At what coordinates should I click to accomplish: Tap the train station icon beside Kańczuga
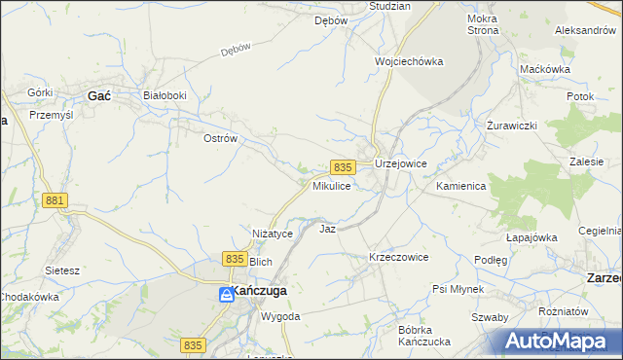pos(225,293)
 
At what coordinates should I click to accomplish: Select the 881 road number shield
pos(55,200)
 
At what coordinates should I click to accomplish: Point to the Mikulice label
pos(331,185)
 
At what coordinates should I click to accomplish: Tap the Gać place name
pos(99,95)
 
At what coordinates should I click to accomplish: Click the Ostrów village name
pos(220,139)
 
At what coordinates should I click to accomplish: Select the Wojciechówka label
pos(409,61)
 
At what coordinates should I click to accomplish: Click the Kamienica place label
pos(461,185)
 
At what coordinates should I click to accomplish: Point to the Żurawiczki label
pos(512,127)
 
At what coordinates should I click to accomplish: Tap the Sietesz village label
pos(62,270)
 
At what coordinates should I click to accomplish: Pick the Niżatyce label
pos(273,234)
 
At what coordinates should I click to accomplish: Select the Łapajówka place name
pos(531,236)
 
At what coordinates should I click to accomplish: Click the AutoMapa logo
pos(558,342)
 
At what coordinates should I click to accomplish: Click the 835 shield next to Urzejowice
pos(342,167)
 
